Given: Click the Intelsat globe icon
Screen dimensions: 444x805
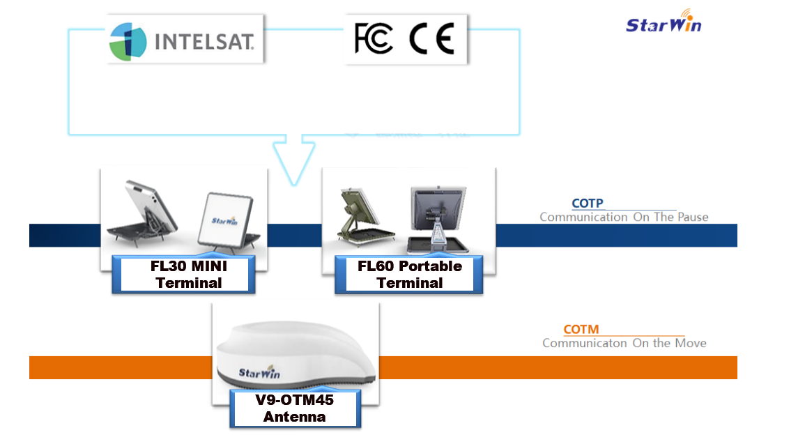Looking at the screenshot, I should tap(128, 40).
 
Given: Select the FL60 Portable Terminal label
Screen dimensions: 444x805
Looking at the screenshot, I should tap(409, 274).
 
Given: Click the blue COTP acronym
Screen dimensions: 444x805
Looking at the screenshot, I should tap(587, 204).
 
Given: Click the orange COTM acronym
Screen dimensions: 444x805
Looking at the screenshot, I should tap(581, 329).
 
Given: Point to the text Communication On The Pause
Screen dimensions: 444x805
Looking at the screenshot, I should tap(623, 217).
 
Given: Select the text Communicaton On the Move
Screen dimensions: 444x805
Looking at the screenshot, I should tap(624, 343).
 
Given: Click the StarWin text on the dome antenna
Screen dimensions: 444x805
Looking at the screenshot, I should tap(259, 372).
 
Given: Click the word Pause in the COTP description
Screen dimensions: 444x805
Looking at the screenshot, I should tap(693, 217).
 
